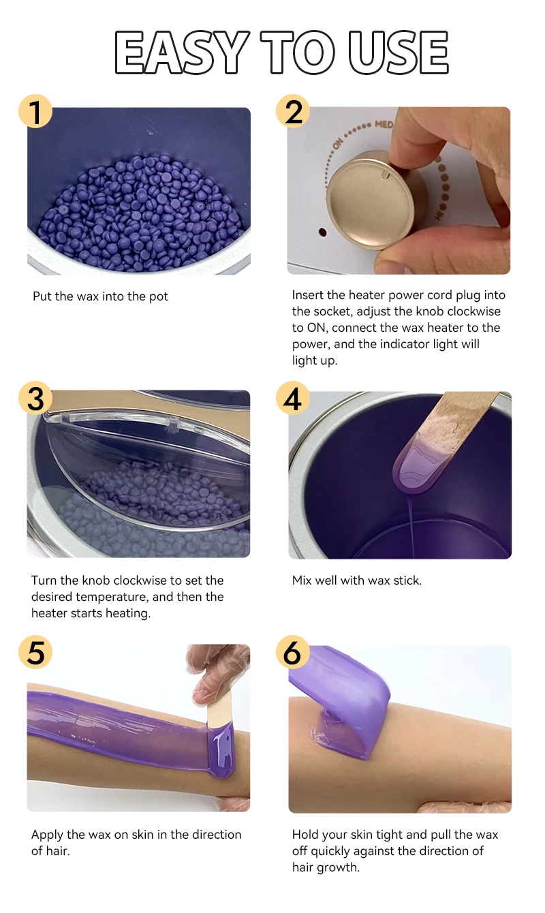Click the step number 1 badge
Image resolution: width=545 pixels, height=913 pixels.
[35, 111]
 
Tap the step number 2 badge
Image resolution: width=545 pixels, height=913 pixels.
[293, 111]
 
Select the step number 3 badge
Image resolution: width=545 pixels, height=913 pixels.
[35, 398]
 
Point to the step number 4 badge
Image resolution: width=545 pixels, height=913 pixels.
[293, 398]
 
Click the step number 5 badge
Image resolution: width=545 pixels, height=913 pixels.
[35, 652]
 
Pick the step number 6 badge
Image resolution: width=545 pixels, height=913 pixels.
[293, 652]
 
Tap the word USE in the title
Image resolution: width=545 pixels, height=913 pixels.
[399, 52]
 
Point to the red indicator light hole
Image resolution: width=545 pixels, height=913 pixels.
[322, 232]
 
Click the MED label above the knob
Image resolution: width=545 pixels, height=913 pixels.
[384, 124]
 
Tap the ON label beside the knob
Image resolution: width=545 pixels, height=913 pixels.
[338, 143]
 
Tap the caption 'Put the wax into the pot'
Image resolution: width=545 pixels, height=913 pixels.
[100, 296]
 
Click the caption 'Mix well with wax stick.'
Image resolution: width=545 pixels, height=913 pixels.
[357, 580]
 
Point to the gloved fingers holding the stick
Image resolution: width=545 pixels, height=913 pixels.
[216, 668]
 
